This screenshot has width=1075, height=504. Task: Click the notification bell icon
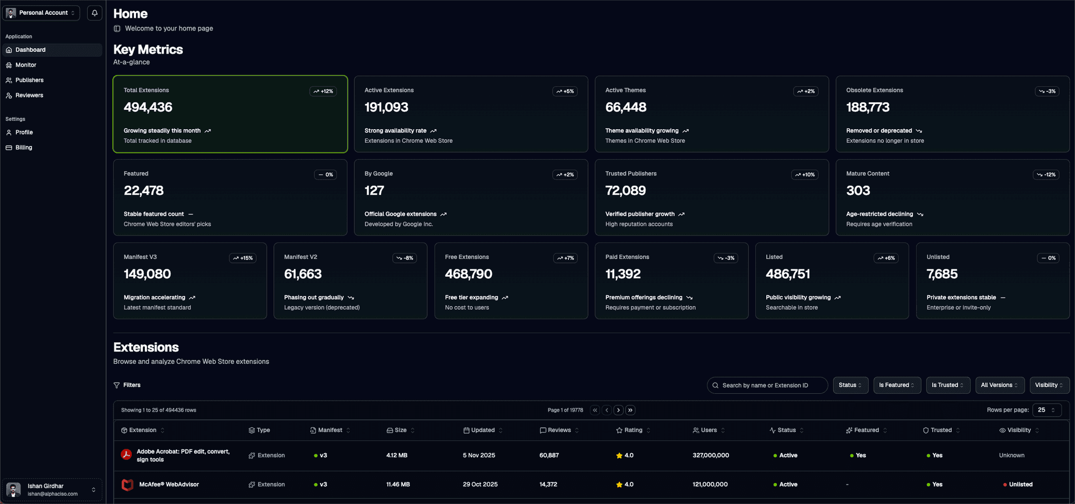[x=94, y=13]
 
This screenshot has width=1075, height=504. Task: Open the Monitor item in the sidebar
[x=26, y=65]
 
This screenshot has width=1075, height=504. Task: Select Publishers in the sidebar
[x=29, y=80]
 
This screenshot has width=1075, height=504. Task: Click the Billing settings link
[x=24, y=148]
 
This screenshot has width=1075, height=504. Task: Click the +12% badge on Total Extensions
[x=323, y=91]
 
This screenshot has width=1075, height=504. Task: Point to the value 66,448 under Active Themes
[x=626, y=108]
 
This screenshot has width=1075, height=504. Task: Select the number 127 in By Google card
[x=374, y=191]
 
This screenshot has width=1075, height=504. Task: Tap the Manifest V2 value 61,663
[x=303, y=274]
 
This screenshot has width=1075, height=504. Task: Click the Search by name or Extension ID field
[x=767, y=385]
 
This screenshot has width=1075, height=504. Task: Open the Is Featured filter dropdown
[x=897, y=385]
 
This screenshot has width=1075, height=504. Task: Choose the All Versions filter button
[x=999, y=385]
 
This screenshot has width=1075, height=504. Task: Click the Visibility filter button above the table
[x=1049, y=385]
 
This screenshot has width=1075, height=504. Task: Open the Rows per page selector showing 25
[x=1046, y=410]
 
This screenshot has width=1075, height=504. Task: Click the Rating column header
[x=633, y=430]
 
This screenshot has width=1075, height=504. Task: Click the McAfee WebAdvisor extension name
[x=169, y=485]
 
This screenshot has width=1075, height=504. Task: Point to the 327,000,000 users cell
[x=711, y=456]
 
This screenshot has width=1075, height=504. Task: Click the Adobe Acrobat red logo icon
[x=127, y=455]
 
